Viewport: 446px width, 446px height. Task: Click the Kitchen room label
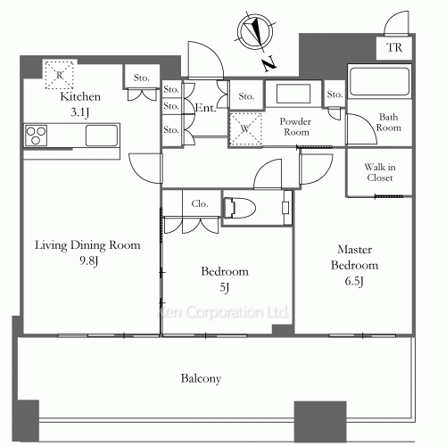tap(80, 96)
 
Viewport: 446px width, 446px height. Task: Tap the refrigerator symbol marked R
tap(59, 75)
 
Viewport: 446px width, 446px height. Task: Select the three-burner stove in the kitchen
tap(36, 136)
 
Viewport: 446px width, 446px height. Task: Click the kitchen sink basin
tap(102, 136)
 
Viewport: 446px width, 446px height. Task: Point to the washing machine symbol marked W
tap(245, 129)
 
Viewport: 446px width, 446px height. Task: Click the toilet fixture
tap(240, 207)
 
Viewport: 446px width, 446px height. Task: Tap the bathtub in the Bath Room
tap(379, 81)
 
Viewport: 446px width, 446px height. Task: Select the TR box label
tap(394, 47)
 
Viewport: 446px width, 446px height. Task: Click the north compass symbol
tap(255, 32)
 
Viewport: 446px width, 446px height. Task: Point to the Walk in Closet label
tap(380, 172)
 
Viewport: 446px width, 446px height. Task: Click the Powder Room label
tap(295, 127)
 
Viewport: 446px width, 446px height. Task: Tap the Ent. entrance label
tap(205, 108)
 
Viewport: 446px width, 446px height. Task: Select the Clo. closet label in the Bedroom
tap(200, 203)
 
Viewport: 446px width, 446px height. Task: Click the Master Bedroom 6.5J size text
tap(354, 281)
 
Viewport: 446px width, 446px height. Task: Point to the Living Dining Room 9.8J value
tap(88, 260)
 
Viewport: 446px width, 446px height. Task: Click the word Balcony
tap(201, 378)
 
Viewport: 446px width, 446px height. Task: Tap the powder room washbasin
tap(293, 94)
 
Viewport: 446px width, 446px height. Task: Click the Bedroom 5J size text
tap(225, 287)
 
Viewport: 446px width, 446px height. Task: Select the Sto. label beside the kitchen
tap(141, 78)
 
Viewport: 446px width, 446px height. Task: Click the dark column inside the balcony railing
tap(320, 422)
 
